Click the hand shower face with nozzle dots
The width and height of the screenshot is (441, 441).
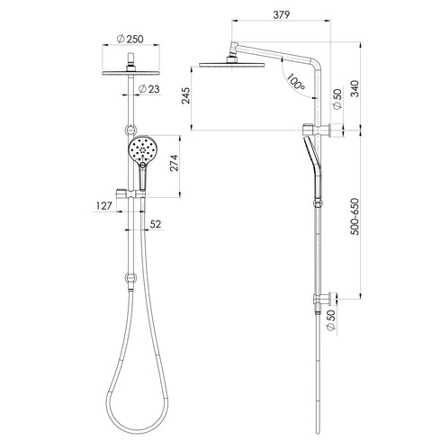click(x=142, y=151)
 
